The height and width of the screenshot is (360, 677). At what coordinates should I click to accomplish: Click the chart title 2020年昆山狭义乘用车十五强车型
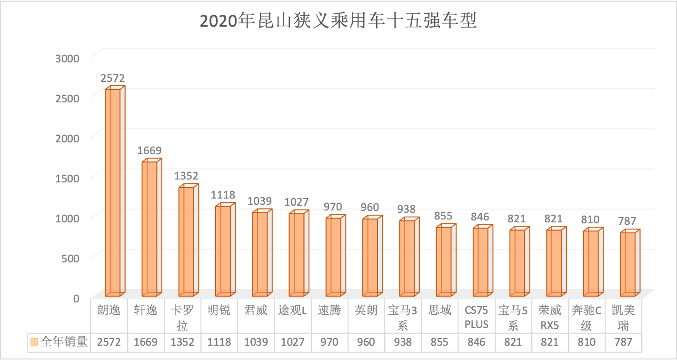(338, 21)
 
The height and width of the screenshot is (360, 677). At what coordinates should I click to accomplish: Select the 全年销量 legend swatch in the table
(33, 341)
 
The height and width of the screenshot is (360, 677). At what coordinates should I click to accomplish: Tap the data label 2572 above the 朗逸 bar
(112, 78)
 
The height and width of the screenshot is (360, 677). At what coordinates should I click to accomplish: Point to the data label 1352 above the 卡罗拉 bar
(186, 176)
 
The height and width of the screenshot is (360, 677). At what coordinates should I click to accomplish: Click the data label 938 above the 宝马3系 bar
(407, 209)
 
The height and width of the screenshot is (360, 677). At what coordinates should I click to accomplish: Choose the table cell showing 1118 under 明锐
(219, 342)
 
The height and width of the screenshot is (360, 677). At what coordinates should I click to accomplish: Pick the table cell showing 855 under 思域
(440, 342)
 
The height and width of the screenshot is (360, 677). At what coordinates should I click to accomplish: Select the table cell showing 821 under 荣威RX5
(550, 342)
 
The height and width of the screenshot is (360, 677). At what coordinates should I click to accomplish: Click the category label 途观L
(293, 310)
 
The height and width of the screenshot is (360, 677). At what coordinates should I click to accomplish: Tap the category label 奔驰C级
(587, 318)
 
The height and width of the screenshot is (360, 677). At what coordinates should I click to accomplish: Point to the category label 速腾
(329, 310)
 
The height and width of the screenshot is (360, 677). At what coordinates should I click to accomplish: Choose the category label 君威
(256, 310)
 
